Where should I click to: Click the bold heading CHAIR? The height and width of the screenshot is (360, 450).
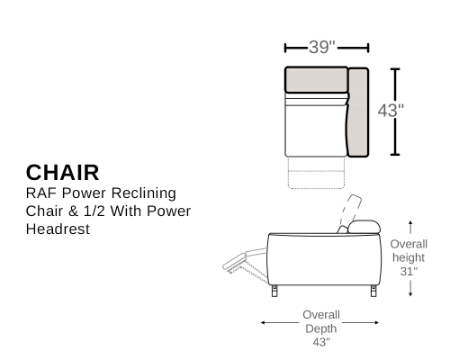click(62, 173)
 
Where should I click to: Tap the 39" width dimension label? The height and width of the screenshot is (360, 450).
click(322, 47)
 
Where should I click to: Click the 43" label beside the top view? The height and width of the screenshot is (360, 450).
click(391, 111)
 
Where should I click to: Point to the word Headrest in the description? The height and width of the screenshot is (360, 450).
click(58, 229)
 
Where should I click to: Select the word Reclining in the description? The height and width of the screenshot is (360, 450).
click(144, 193)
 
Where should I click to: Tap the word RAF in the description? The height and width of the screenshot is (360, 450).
click(41, 193)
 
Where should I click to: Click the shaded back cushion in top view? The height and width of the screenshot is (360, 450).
click(316, 79)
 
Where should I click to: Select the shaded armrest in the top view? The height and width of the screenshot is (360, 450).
click(358, 112)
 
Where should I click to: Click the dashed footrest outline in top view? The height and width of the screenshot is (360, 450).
click(316, 173)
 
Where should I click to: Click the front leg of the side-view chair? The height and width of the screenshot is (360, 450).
click(274, 291)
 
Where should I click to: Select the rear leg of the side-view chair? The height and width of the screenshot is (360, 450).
click(373, 291)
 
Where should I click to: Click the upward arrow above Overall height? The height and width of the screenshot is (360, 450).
click(410, 227)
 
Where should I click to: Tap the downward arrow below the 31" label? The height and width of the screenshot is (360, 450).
click(410, 289)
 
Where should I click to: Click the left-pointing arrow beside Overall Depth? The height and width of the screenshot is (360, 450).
click(280, 322)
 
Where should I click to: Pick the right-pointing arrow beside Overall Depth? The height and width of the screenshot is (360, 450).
click(361, 322)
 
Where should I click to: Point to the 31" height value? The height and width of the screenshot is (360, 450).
click(409, 271)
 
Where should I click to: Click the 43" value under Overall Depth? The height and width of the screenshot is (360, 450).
click(321, 342)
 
